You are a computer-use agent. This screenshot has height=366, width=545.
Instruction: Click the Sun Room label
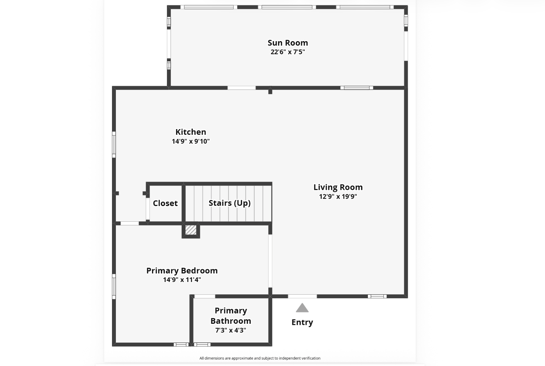288,43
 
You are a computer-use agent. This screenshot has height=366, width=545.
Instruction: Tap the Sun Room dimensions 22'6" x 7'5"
288,52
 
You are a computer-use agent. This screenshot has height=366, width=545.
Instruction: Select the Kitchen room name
191,132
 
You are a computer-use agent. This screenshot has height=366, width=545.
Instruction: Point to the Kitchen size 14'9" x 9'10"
191,141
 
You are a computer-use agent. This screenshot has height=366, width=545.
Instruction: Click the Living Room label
338,187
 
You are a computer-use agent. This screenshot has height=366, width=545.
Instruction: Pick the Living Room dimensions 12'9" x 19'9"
338,196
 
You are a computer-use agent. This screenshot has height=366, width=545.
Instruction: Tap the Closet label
165,203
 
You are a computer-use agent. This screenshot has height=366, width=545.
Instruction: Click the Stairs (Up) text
230,203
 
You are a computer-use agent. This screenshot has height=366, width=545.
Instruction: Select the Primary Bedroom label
182,271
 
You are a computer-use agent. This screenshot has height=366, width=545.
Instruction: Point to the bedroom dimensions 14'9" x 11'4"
182,279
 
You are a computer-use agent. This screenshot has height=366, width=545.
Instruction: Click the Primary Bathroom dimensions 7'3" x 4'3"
231,330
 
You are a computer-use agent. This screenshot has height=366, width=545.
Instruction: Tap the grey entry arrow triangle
302,308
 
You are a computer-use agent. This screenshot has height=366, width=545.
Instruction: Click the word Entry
302,322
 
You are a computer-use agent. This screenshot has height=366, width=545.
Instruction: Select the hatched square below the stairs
191,230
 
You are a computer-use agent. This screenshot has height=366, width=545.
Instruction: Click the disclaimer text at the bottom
260,358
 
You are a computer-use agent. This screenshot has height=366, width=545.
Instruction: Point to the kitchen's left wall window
114,145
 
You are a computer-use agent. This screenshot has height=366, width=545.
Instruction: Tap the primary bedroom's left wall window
114,286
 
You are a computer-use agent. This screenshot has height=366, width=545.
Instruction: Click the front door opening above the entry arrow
302,296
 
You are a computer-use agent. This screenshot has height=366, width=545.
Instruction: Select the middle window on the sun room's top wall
287,7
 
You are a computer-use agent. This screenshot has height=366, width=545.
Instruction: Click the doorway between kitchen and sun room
242,88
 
